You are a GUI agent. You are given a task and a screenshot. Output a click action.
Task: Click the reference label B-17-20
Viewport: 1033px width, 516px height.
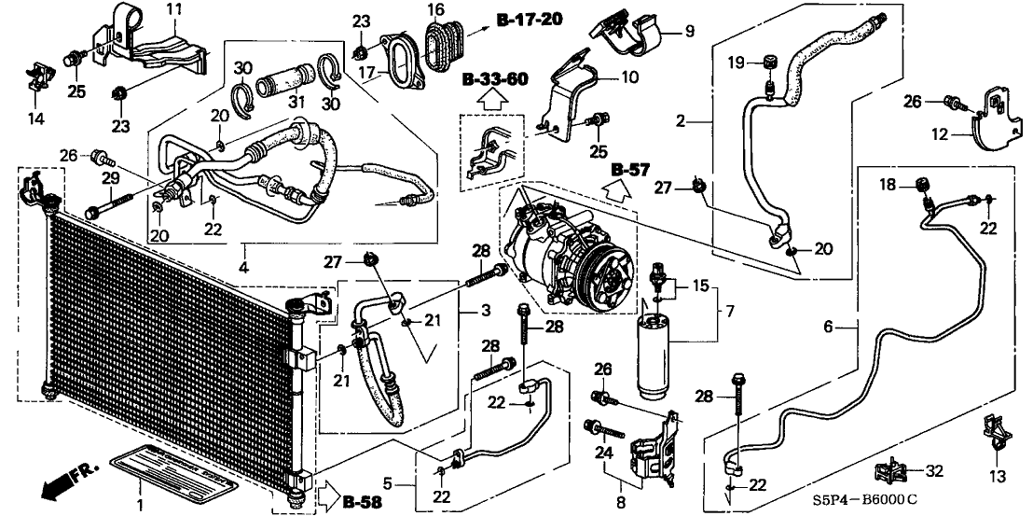(x=525, y=19)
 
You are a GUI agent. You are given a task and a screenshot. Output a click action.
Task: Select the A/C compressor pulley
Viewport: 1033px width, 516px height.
(x=606, y=270)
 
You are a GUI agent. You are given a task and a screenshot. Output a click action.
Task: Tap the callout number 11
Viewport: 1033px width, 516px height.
(x=174, y=9)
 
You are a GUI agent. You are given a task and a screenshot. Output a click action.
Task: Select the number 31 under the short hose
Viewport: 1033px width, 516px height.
(x=297, y=103)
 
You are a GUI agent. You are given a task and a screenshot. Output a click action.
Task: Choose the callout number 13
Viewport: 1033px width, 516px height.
(x=998, y=477)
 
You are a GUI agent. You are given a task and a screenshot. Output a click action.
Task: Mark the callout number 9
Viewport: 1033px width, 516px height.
(x=690, y=31)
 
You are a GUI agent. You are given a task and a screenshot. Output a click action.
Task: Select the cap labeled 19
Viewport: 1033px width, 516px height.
(x=771, y=63)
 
